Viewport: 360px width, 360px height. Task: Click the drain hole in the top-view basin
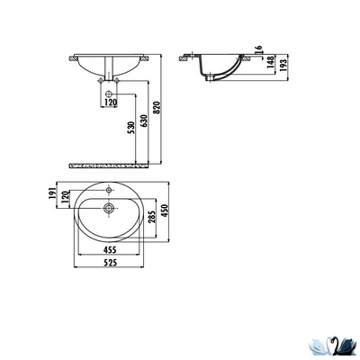pyautogui.click(x=108, y=210)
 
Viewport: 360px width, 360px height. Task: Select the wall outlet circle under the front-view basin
pyautogui.click(x=108, y=93)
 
